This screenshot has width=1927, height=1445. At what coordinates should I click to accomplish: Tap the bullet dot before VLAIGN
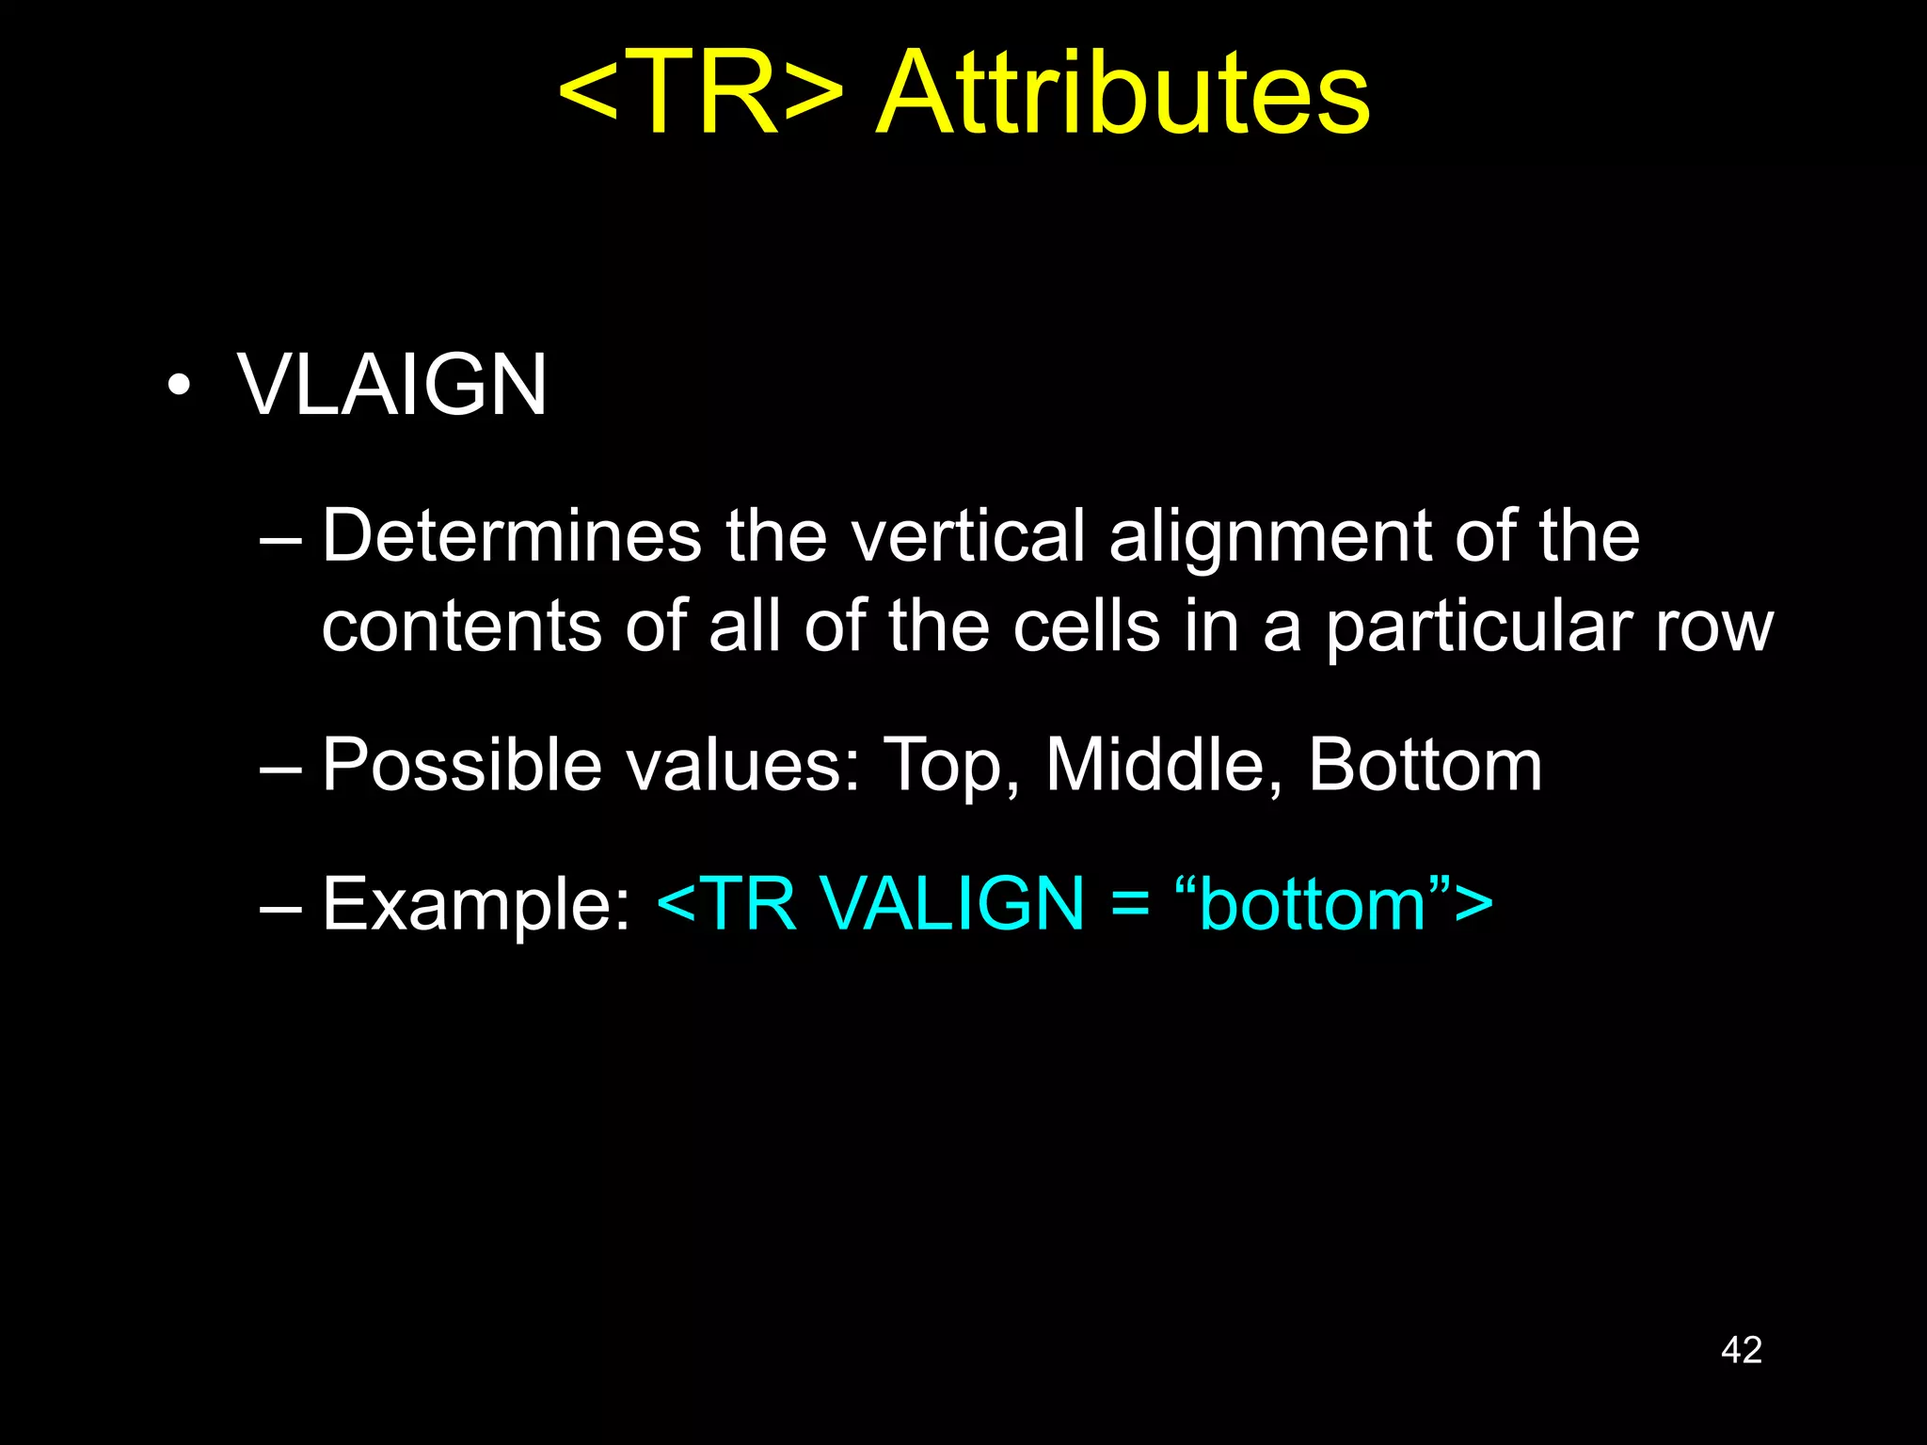tap(179, 385)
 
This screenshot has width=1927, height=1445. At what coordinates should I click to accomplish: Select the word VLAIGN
tap(391, 385)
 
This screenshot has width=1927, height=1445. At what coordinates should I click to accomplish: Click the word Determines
tap(512, 536)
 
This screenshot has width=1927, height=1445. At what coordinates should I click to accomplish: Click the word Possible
tap(461, 765)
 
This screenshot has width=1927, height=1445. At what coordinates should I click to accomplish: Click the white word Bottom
tap(1425, 765)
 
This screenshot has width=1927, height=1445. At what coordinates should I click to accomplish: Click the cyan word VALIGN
tap(952, 903)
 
